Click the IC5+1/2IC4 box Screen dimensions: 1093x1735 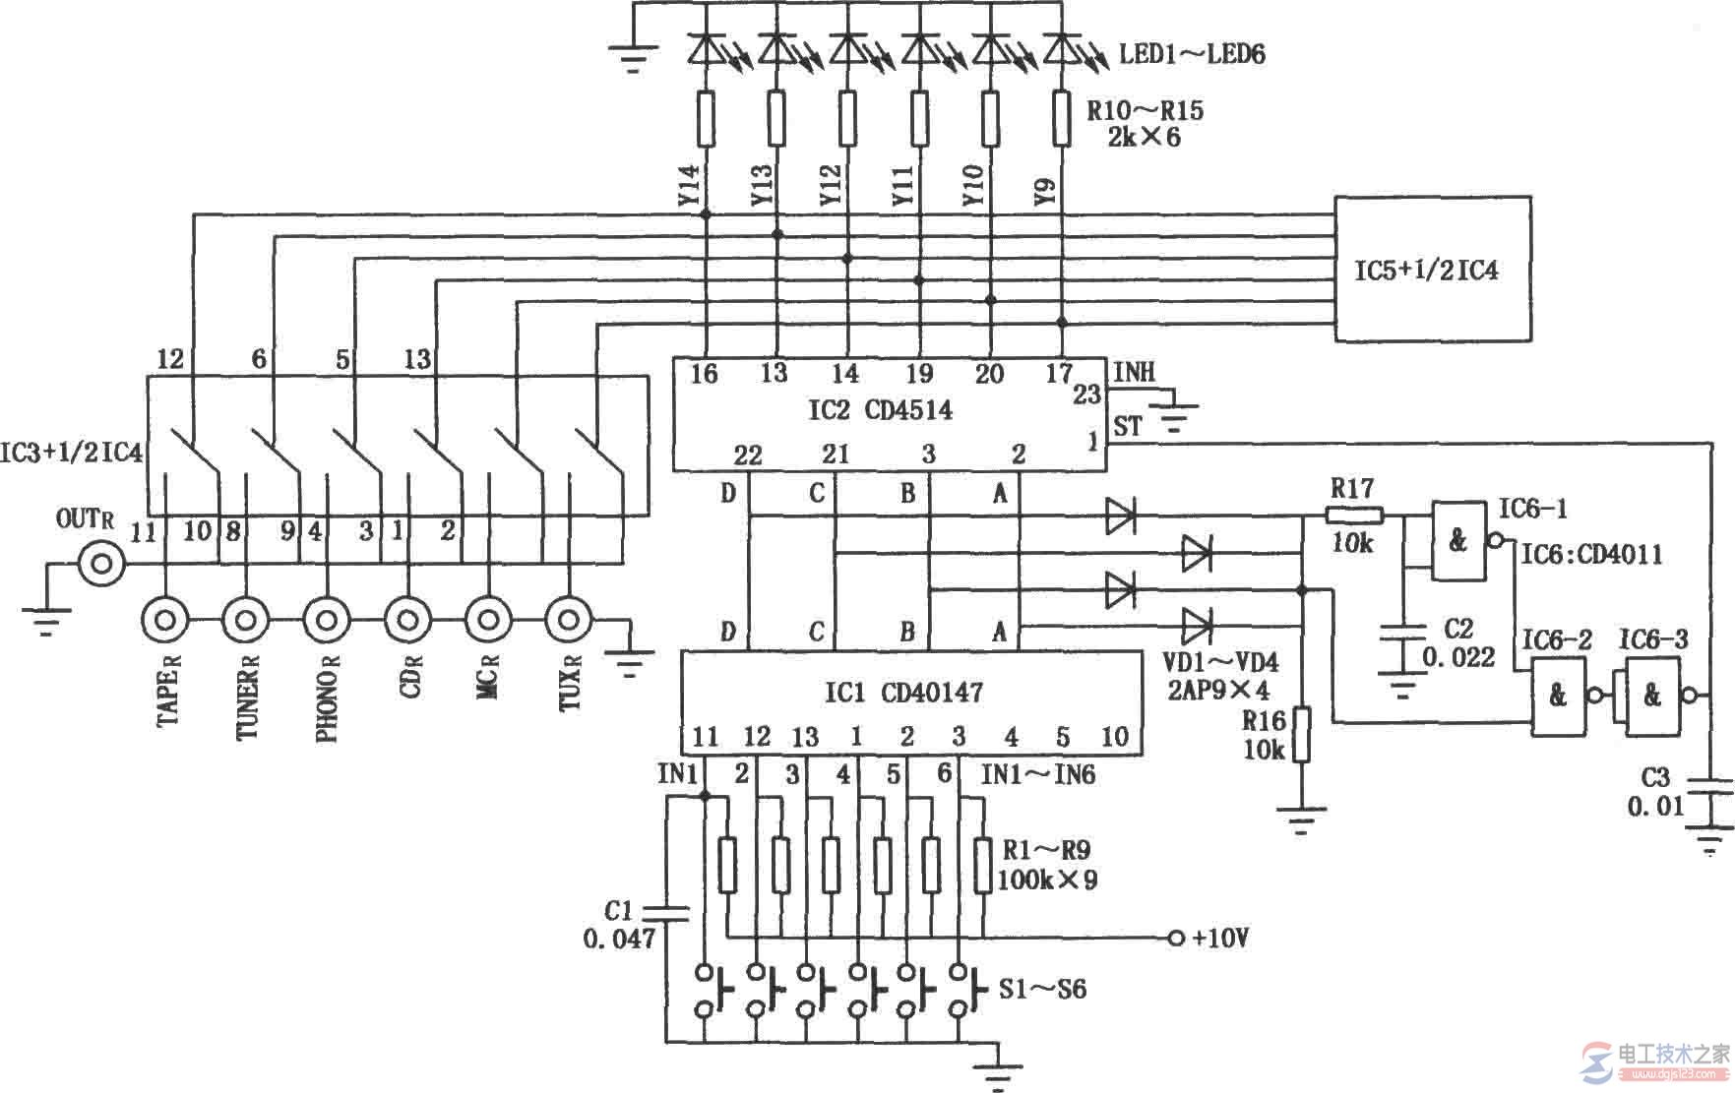click(1432, 269)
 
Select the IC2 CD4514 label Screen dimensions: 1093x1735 click(880, 410)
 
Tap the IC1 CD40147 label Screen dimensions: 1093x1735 click(903, 693)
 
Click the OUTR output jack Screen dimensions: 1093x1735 click(101, 564)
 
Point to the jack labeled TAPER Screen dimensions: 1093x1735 click(165, 620)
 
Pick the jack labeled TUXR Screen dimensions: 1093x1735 click(568, 620)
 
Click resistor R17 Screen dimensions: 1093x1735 click(1355, 514)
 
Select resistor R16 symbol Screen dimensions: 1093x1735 click(1301, 734)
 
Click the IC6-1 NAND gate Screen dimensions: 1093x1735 click(1458, 540)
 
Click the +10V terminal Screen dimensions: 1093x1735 click(1174, 938)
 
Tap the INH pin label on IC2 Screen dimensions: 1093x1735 click(1135, 372)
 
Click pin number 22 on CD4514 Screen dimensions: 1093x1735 click(748, 455)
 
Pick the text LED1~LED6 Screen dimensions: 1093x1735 click(1192, 53)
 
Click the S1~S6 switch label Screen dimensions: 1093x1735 click(1042, 988)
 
